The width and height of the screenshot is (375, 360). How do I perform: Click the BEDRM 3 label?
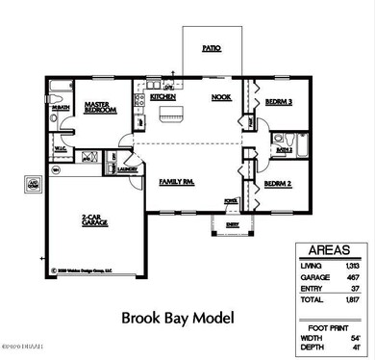coord(278,102)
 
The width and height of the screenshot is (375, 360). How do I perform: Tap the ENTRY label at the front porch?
coord(233,224)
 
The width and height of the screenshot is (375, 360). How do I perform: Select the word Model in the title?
coord(212,317)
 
